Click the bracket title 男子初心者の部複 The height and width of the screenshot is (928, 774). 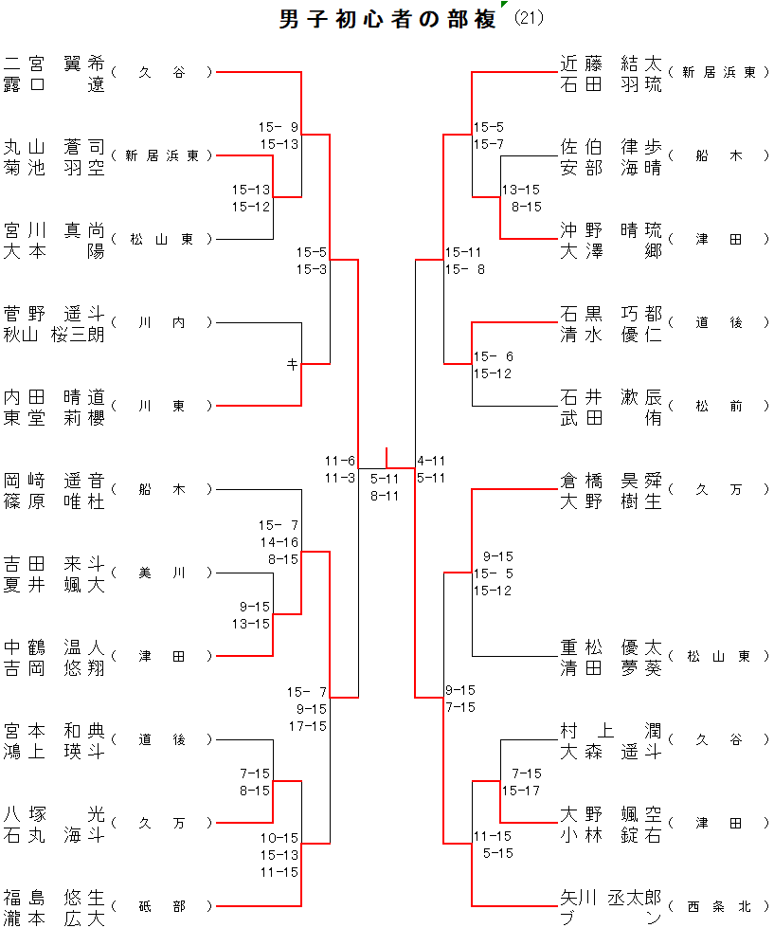tap(388, 20)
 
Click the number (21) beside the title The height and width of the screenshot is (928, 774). tap(528, 19)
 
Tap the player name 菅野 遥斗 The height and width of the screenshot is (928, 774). tap(54, 314)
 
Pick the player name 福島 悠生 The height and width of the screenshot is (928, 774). tap(54, 898)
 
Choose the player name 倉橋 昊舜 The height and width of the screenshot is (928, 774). tap(610, 481)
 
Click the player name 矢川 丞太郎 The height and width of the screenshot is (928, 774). tap(610, 898)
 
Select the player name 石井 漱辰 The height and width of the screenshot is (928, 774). tap(610, 397)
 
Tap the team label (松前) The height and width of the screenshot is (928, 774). tap(719, 407)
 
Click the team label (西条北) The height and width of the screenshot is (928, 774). tap(719, 907)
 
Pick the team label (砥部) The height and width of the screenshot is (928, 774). tap(162, 907)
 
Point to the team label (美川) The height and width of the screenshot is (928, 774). tap(162, 573)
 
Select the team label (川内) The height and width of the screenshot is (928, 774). tap(162, 323)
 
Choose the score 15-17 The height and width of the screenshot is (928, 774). tap(521, 791)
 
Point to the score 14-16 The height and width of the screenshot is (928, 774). tap(279, 542)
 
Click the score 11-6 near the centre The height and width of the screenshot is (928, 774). tap(339, 461)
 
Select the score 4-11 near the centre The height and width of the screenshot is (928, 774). tap(431, 461)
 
